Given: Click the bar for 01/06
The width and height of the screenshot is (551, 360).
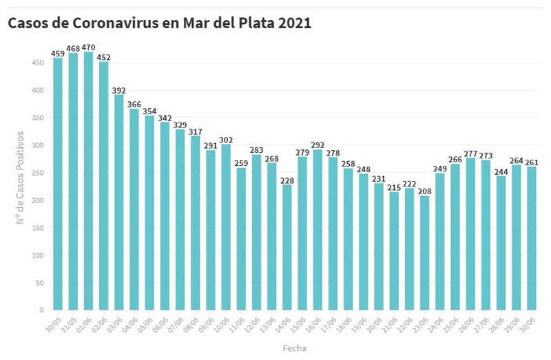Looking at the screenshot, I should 88,181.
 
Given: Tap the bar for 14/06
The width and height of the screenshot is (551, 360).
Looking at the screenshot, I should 287,247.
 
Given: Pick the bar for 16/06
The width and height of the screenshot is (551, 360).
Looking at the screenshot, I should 318,230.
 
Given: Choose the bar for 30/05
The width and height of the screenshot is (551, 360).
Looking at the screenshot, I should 58,184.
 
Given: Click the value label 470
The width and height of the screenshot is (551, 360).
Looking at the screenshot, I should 88,47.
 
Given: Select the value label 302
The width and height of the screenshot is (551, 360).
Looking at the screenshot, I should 226,140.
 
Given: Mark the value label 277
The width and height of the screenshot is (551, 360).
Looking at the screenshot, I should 470,153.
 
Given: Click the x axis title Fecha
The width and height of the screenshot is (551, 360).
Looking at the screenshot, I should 294,348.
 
